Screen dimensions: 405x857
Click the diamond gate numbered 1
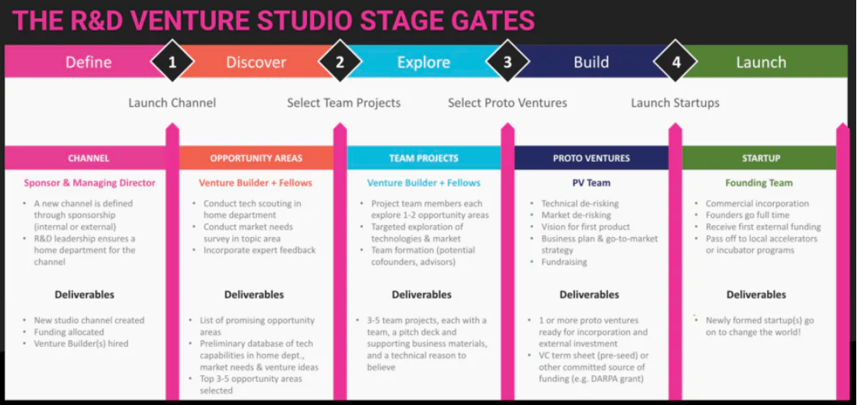click(172, 62)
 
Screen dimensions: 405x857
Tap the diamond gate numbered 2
click(340, 62)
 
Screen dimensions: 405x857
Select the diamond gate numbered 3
click(508, 62)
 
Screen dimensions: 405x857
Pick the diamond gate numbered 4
click(676, 62)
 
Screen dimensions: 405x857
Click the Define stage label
click(89, 63)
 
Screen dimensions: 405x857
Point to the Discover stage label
click(256, 63)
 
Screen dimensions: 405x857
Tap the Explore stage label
click(424, 63)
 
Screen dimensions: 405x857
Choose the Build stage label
click(591, 63)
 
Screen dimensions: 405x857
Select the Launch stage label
click(761, 63)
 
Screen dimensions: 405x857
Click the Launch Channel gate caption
click(172, 103)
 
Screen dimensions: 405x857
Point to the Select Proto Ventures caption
click(507, 103)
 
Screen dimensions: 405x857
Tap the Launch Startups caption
click(675, 103)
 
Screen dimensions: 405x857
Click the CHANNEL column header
click(89, 159)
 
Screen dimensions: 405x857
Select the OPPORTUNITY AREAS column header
click(256, 159)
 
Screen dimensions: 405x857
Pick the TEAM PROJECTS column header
click(424, 159)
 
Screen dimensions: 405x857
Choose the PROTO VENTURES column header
click(591, 159)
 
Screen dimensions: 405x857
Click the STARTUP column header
click(761, 159)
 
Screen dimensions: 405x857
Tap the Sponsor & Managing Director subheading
click(89, 183)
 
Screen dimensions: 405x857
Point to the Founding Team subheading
click(759, 183)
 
